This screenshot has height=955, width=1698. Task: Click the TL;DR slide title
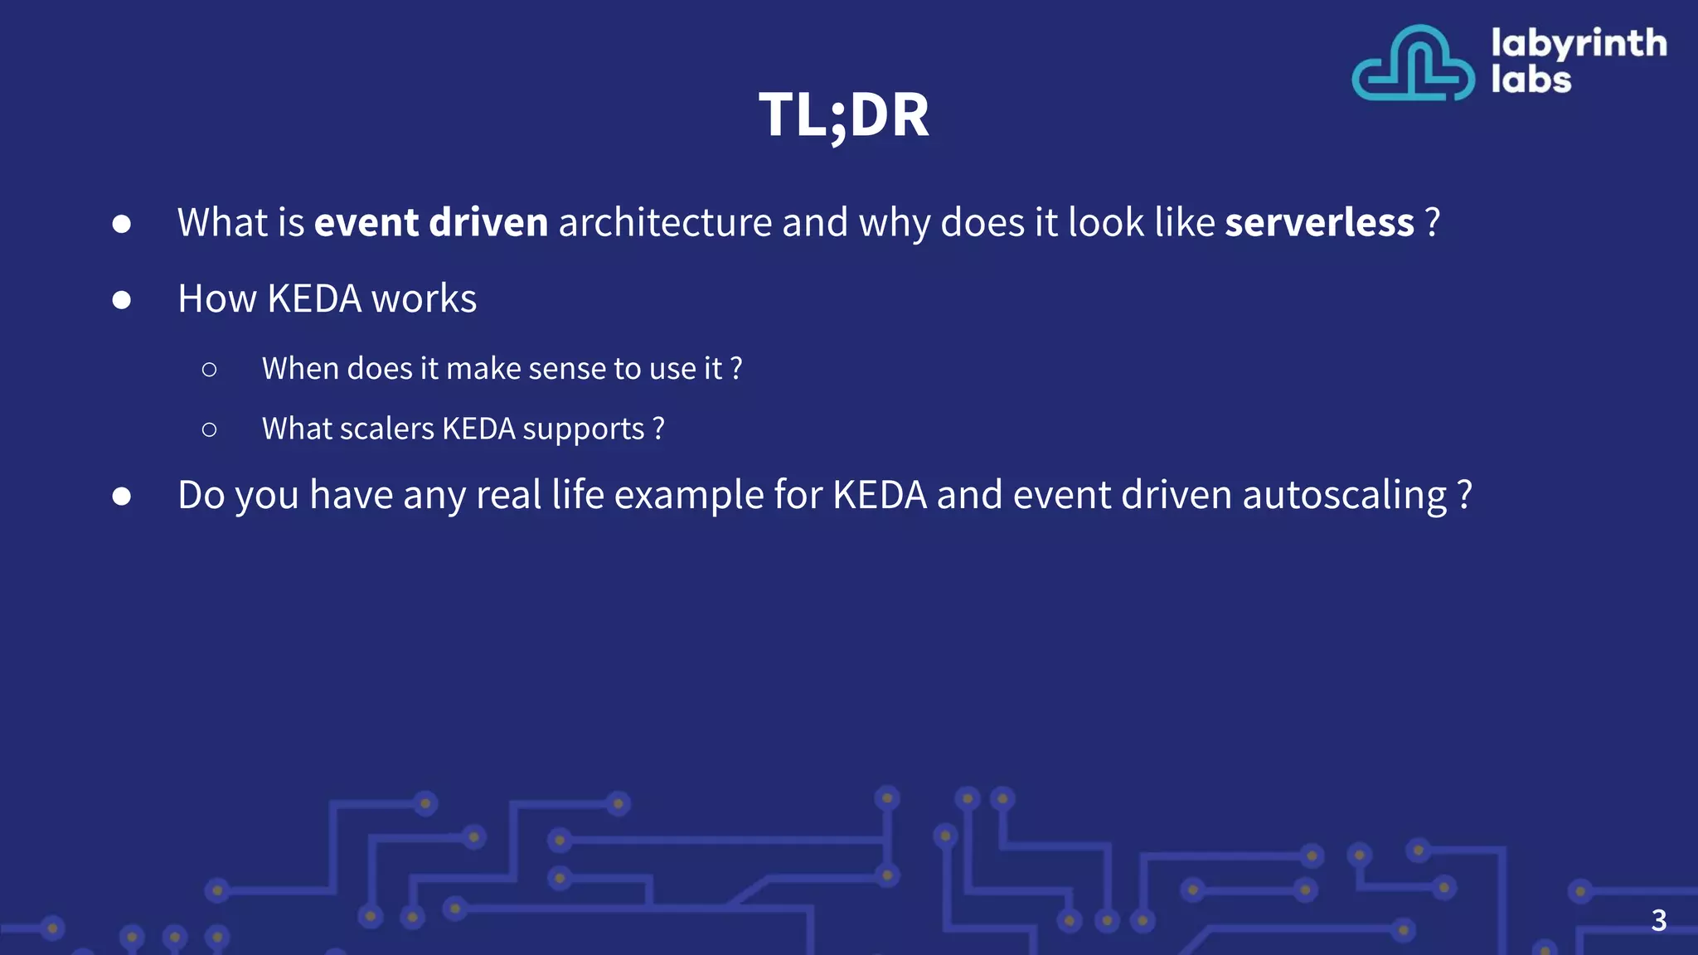tap(844, 114)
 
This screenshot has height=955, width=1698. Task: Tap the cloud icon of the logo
tap(1413, 64)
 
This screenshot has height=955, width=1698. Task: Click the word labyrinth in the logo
tap(1579, 43)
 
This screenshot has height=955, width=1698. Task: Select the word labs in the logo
tap(1531, 80)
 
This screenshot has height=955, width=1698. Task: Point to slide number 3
tap(1658, 920)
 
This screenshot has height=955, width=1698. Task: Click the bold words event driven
tap(431, 222)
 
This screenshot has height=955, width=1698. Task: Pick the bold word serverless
tap(1319, 222)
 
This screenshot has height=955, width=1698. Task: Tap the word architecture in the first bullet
tap(665, 222)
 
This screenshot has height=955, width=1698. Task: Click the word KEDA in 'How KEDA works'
tap(314, 298)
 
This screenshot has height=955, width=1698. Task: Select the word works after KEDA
tap(424, 298)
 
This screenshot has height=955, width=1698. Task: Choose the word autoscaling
tap(1344, 496)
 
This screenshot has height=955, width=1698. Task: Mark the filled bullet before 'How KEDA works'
tap(122, 299)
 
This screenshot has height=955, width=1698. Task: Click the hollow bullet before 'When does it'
tap(209, 369)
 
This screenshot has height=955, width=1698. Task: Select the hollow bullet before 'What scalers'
tap(209, 429)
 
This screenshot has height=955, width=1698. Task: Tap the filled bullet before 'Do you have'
tap(122, 496)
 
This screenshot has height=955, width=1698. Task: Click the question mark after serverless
tap(1432, 222)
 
